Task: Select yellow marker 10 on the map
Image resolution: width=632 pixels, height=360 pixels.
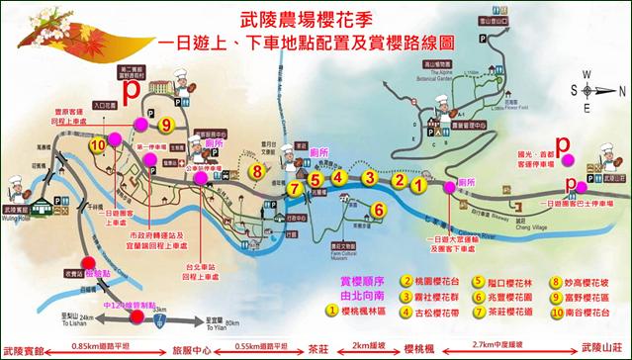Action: (98, 143)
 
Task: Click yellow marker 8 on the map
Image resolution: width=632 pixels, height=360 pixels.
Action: (256, 170)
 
